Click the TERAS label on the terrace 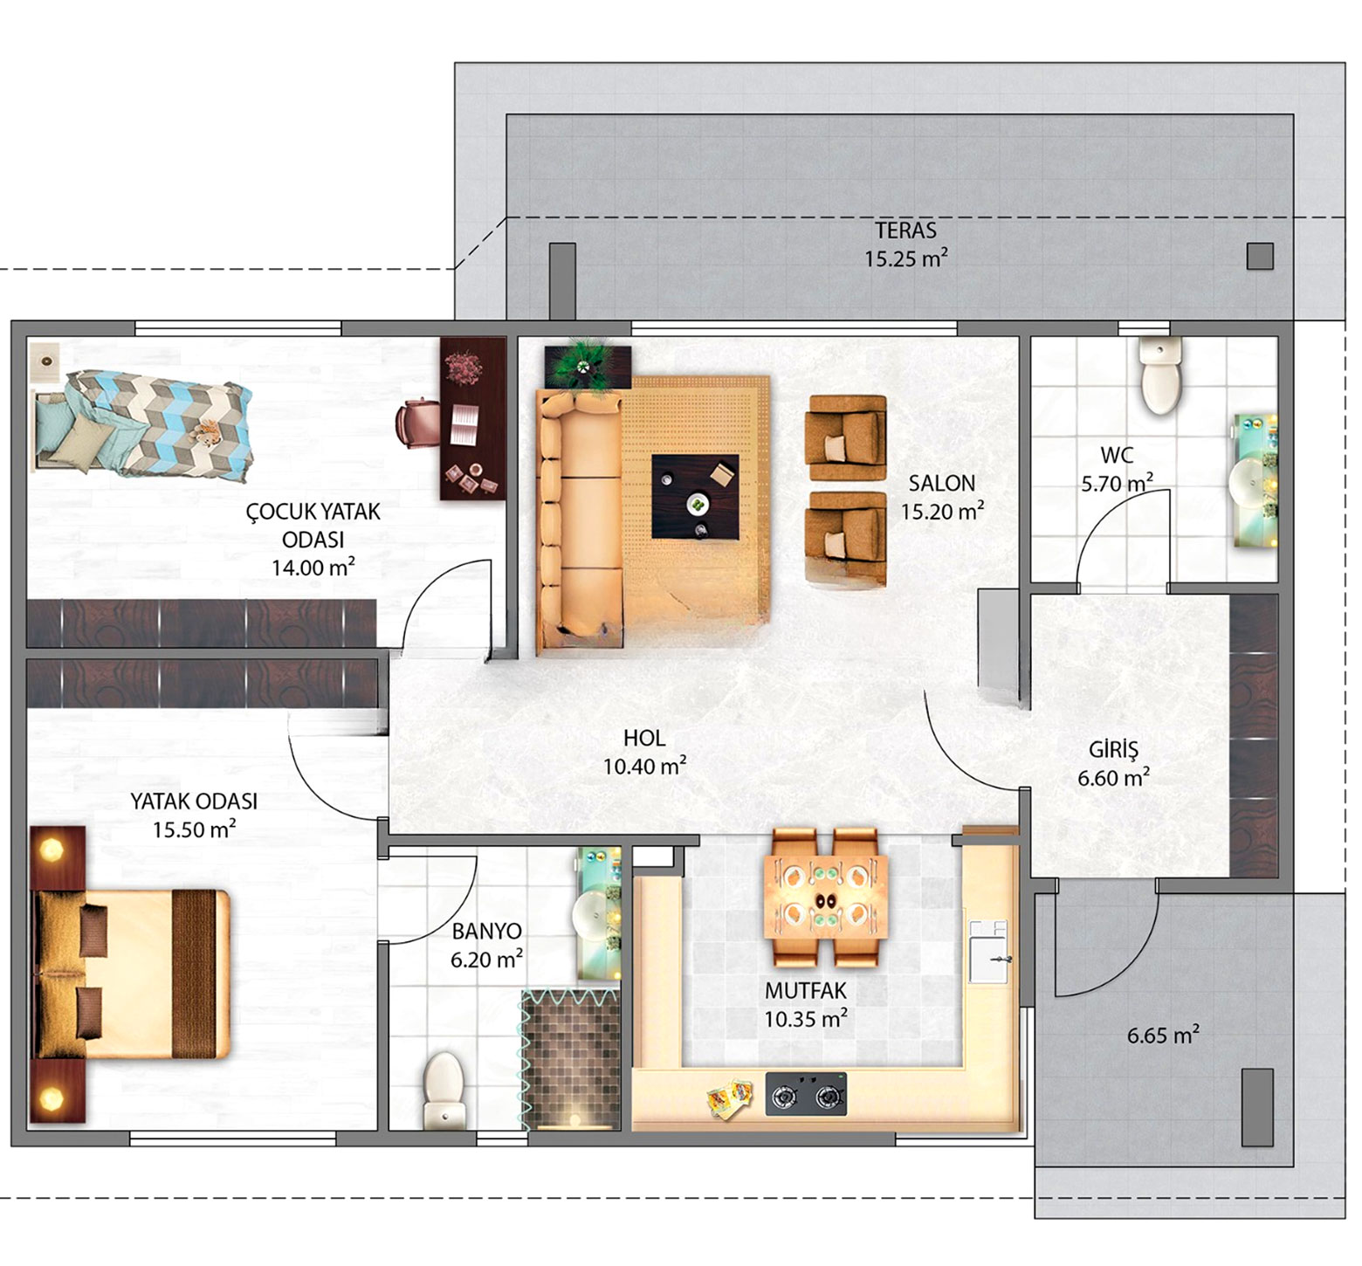(905, 230)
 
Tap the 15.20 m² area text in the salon (942, 511)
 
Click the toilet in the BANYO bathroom (443, 1091)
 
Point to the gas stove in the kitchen (806, 1094)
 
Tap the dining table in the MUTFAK (826, 898)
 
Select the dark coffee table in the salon (695, 496)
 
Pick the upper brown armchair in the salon (846, 437)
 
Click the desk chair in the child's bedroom (418, 423)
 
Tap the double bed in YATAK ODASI (131, 974)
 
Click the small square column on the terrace (1260, 256)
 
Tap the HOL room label (644, 738)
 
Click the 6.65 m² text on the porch (1163, 1035)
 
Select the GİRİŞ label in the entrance (1113, 749)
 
